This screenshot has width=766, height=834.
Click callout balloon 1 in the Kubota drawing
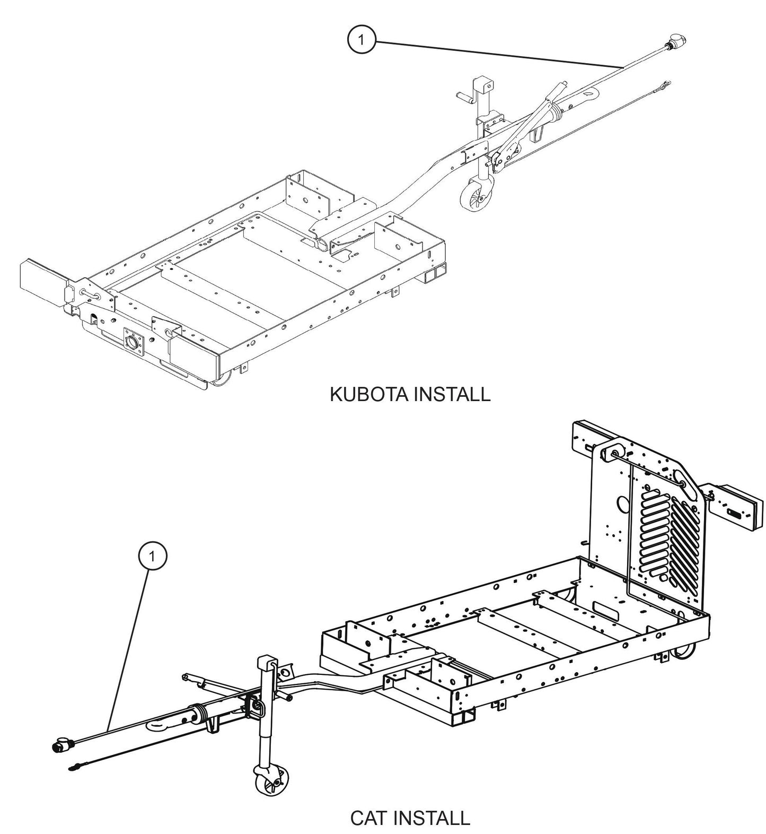coord(362,40)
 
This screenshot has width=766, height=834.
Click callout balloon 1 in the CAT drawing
coord(153,556)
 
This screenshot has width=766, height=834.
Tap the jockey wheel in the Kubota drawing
coord(471,198)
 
